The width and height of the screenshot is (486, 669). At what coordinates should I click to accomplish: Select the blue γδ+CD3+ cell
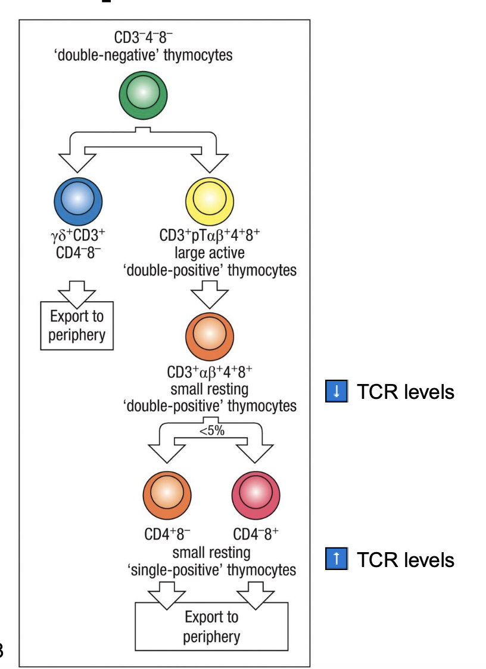point(78,199)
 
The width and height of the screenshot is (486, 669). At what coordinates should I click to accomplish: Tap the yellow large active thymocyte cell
point(210,199)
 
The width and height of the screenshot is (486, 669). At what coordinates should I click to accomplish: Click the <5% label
point(211,431)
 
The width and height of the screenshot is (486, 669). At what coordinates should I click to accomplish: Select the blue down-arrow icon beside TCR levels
point(337,391)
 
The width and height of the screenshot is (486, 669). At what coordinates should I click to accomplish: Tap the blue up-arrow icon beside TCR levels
point(337,559)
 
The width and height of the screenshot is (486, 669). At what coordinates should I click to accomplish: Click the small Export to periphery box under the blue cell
point(77,326)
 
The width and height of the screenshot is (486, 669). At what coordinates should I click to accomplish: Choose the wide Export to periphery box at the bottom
point(211,627)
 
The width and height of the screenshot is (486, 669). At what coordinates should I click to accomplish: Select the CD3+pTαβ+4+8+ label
point(210,236)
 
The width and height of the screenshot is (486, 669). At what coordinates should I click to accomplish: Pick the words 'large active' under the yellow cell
point(210,252)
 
